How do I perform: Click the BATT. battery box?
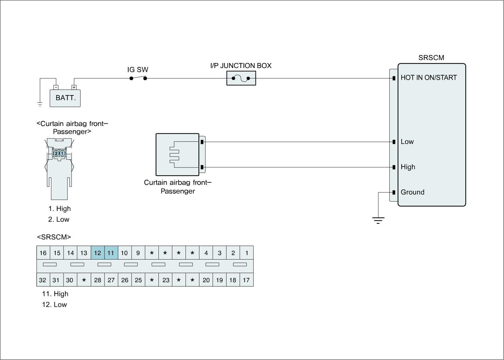(65, 98)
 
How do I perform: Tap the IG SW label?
(138, 70)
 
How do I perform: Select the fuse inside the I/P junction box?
(241, 78)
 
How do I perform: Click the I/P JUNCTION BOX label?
(241, 66)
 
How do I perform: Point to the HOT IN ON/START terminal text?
(428, 77)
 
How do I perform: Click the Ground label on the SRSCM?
(412, 192)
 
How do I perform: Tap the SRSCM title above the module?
(431, 58)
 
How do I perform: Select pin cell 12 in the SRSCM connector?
(98, 253)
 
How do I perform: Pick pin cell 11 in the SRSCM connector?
(111, 253)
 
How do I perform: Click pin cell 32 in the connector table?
(43, 280)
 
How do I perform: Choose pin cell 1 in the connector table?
(247, 253)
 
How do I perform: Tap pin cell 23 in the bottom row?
(166, 280)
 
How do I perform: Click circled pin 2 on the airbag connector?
(56, 153)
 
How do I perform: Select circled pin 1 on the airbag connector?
(62, 153)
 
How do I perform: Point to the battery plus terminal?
(74, 87)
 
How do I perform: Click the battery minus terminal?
(56, 87)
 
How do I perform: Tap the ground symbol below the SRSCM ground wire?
(378, 220)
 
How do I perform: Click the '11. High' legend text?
(55, 294)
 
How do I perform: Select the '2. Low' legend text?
(59, 220)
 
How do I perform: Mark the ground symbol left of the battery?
(40, 104)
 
